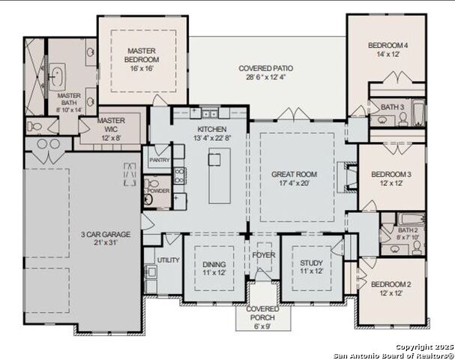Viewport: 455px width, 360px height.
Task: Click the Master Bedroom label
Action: (142, 55)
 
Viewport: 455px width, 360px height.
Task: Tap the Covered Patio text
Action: (265, 68)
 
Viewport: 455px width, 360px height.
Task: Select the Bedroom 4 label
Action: (388, 46)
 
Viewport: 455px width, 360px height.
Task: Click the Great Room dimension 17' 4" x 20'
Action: (294, 184)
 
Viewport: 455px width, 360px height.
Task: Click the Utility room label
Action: (168, 259)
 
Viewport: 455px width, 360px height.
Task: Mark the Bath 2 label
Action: (408, 230)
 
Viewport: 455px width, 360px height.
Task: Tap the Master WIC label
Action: (111, 120)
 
